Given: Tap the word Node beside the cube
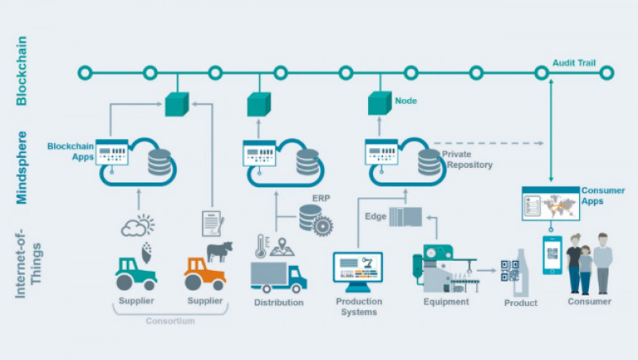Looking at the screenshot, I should tap(407, 101).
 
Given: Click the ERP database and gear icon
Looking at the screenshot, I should tap(314, 218).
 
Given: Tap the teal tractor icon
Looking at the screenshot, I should tap(136, 273).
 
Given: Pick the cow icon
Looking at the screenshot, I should tap(219, 251).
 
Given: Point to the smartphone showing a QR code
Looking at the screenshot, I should tap(553, 255).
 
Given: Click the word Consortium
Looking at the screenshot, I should tap(170, 321).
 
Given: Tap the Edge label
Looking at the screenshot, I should tap(375, 216).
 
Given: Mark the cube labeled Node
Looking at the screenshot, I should tap(380, 103).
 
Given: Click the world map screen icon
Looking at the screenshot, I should tap(550, 203).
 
